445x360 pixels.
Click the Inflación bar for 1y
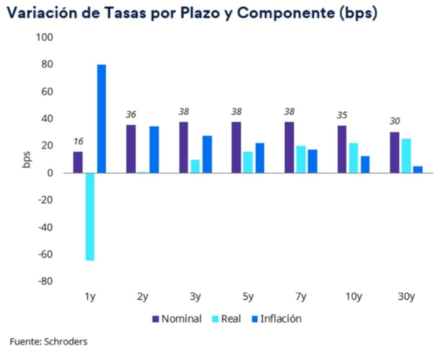coord(101,119)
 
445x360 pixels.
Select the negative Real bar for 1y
coord(90,216)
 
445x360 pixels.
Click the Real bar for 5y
coord(248,162)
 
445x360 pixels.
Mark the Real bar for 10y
coord(353,158)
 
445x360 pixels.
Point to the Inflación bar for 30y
coord(418,169)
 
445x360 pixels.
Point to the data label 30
coord(394,121)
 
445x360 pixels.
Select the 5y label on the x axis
coord(248,297)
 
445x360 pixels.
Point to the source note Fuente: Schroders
coord(48,341)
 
